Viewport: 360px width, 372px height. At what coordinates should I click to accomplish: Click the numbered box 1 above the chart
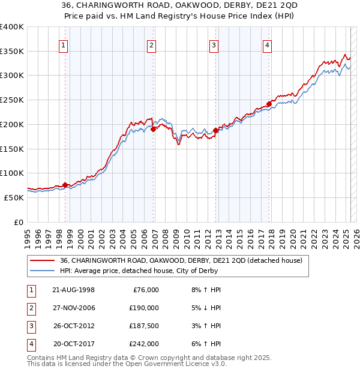coord(64,44)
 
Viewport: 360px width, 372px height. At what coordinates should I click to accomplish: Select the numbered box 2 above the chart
coord(152,44)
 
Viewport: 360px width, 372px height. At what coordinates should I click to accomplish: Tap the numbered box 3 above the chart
coord(214,44)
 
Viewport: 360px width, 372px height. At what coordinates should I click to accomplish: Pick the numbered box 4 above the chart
coord(267,44)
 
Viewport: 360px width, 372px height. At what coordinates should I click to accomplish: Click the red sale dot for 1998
coord(65,185)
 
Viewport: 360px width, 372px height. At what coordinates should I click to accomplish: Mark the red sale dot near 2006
coord(154,128)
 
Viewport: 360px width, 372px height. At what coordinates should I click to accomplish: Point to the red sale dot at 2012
coord(215,130)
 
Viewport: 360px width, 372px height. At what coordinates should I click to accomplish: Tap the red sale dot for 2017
coord(269,103)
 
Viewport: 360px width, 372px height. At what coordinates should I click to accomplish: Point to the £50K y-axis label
coord(14,197)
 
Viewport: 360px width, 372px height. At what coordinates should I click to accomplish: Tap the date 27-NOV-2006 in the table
coord(74,308)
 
